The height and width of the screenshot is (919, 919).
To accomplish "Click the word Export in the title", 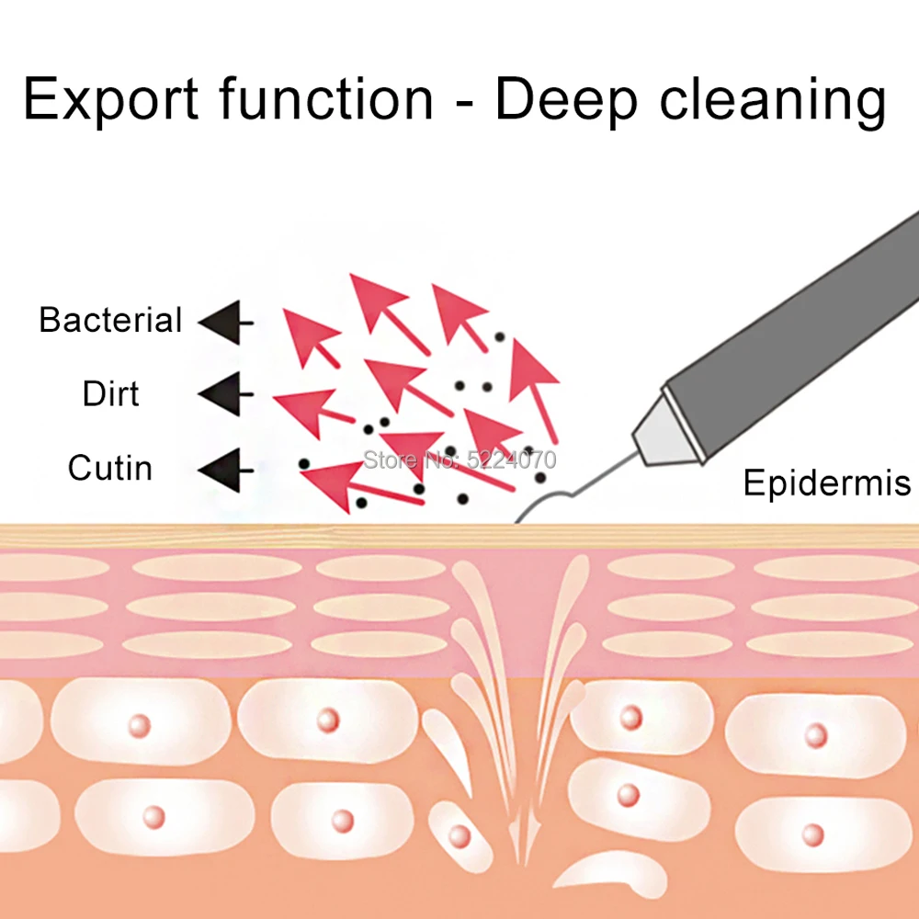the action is point(111,99).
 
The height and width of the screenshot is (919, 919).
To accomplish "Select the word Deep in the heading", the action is point(566,100).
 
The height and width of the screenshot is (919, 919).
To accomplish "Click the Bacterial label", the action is point(110,320).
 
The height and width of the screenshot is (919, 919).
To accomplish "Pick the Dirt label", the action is point(111,393).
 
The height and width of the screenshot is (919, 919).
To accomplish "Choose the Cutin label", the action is point(110,468).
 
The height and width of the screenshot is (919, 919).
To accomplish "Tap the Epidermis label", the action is point(827,483).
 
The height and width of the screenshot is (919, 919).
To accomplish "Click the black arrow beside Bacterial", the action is point(226,323).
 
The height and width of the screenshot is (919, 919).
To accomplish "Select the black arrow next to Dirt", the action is point(226,394).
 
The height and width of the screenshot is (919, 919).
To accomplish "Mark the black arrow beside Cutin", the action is point(226,470).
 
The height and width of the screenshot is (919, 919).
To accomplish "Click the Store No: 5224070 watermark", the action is point(460,459).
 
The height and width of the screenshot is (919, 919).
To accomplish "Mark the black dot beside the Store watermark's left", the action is point(303,464).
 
